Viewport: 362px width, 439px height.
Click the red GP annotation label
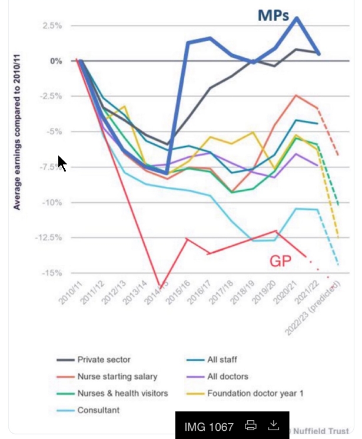pyautogui.click(x=280, y=261)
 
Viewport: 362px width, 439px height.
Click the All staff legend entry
pyautogui.click(x=222, y=359)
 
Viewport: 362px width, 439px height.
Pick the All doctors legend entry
pyautogui.click(x=227, y=376)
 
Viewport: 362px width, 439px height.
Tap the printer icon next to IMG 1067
pyautogui.click(x=251, y=425)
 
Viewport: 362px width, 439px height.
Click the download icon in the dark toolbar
pyautogui.click(x=273, y=425)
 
